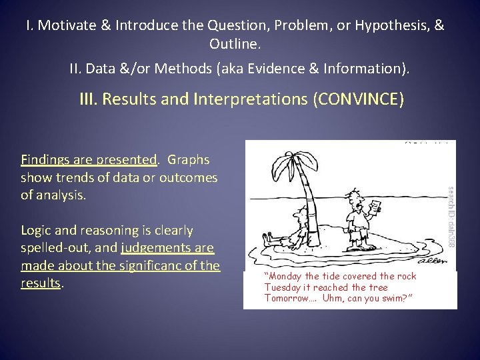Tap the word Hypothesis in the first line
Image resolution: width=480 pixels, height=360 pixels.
(392, 26)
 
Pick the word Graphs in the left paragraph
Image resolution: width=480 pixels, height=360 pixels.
(188, 160)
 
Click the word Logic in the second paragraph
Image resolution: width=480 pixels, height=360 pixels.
(37, 231)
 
